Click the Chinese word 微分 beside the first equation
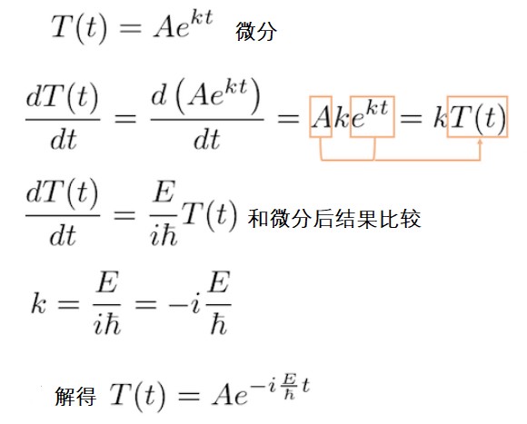(256, 32)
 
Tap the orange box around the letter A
(310, 117)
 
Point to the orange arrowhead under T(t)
(481, 142)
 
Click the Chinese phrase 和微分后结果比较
(334, 219)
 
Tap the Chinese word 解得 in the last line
(75, 396)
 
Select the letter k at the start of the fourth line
(38, 303)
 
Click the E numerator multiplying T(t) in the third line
(164, 192)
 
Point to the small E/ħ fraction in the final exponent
(289, 386)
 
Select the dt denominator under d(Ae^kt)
(206, 140)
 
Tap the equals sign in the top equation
(131, 27)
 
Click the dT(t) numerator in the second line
(62, 97)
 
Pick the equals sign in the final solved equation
(189, 395)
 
